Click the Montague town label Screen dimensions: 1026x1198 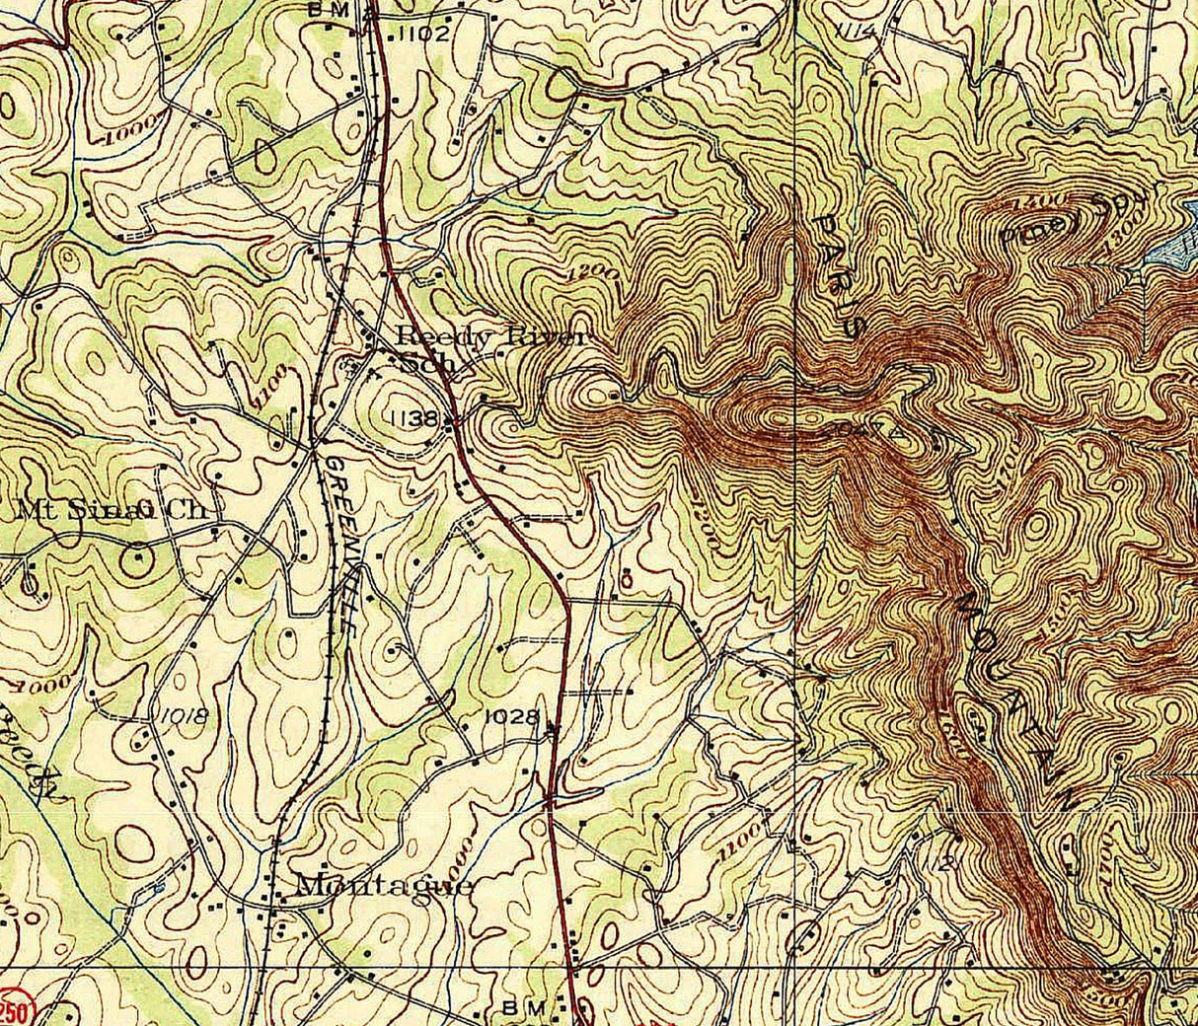(384, 885)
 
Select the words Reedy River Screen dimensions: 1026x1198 (490, 336)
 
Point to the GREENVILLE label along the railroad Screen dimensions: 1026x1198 (341, 542)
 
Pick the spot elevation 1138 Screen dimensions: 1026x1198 (413, 419)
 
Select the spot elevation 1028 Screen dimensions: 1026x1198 (512, 717)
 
